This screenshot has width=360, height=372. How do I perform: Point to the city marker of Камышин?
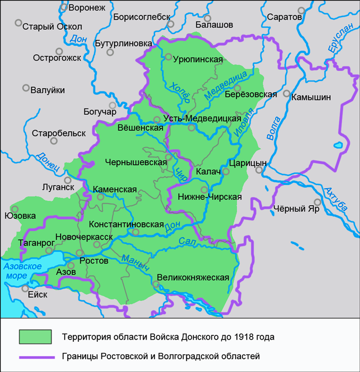pyautogui.click(x=287, y=94)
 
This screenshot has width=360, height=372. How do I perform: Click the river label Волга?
pyautogui.click(x=274, y=128)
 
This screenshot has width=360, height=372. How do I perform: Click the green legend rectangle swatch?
pyautogui.click(x=35, y=337)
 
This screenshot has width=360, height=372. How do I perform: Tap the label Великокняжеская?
pyautogui.click(x=193, y=277)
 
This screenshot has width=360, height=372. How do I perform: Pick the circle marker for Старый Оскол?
pyautogui.click(x=19, y=23)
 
